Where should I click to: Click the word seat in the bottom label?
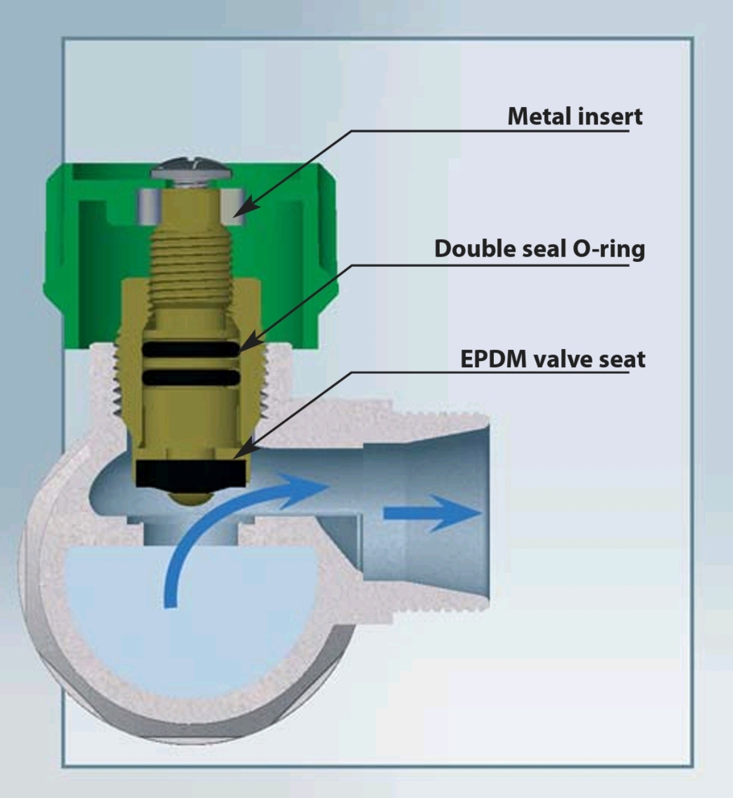(622, 359)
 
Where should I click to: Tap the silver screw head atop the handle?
(191, 169)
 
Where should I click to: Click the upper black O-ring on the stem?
(191, 349)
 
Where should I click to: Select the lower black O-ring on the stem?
(191, 377)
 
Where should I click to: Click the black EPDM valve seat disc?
(192, 474)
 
